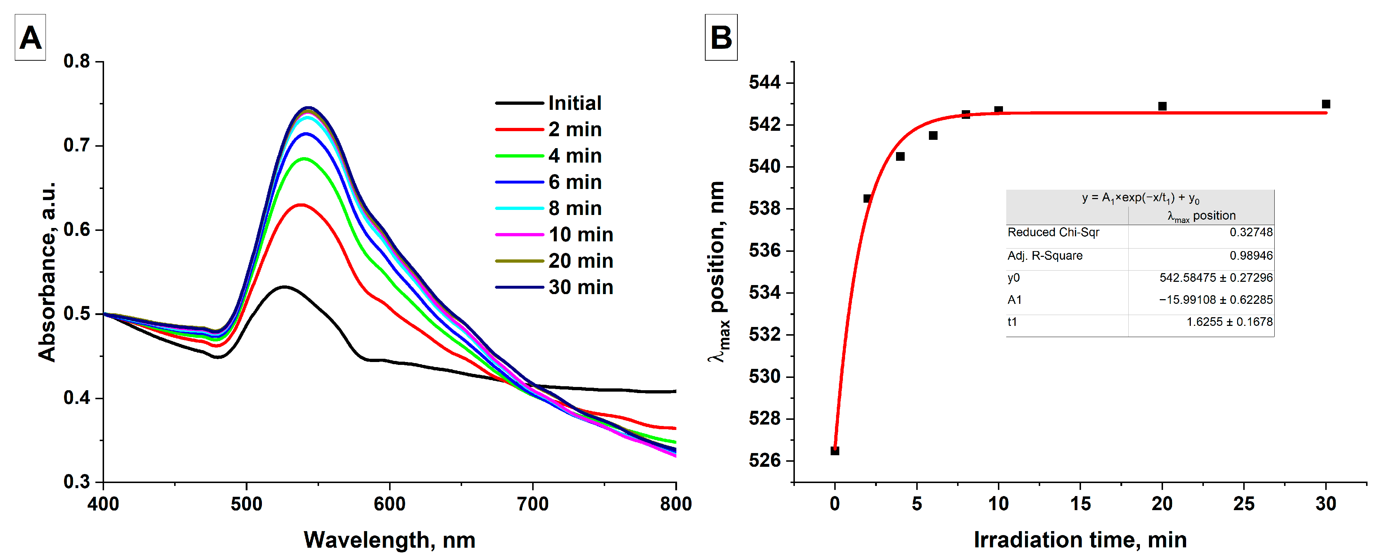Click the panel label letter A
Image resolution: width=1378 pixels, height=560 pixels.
pyautogui.click(x=30, y=38)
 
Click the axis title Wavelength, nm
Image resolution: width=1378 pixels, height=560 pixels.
pyautogui.click(x=389, y=540)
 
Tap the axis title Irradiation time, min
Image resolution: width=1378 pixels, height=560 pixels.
pyautogui.click(x=1080, y=540)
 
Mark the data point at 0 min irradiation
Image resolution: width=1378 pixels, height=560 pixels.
pyautogui.click(x=835, y=451)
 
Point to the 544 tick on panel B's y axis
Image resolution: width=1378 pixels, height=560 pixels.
pyautogui.click(x=765, y=82)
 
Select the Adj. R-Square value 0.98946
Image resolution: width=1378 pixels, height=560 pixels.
pyautogui.click(x=1251, y=256)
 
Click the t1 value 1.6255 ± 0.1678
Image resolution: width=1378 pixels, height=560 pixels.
pyautogui.click(x=1229, y=322)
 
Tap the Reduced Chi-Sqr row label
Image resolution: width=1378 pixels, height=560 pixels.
pyautogui.click(x=1053, y=232)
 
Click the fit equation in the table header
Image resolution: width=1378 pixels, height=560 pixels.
pyautogui.click(x=1140, y=198)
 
